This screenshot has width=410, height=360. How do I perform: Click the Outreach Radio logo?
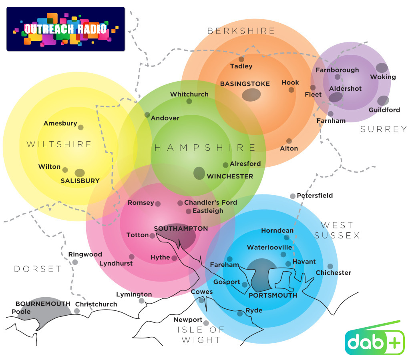click(66, 29)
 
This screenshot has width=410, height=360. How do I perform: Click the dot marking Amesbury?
click(80, 127)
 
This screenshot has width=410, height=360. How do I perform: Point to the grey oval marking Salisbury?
click(80, 173)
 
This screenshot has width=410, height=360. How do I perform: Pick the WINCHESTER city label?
click(230, 176)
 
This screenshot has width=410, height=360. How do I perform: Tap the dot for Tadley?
click(241, 60)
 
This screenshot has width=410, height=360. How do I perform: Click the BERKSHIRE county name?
click(241, 31)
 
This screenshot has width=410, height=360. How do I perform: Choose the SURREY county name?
click(383, 129)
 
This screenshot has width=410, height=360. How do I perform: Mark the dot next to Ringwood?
click(75, 262)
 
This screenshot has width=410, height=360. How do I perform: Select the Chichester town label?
click(333, 273)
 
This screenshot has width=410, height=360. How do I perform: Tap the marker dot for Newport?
click(206, 323)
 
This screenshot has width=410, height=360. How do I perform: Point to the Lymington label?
click(134, 294)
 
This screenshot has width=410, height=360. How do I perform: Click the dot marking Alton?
click(289, 141)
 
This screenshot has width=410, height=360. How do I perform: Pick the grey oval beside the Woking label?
click(382, 68)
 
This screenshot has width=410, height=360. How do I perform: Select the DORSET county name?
click(38, 269)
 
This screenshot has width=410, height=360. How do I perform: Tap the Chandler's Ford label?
click(211, 202)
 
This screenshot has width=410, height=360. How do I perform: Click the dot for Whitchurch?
click(189, 101)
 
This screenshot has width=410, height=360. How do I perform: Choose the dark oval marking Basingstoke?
click(251, 95)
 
